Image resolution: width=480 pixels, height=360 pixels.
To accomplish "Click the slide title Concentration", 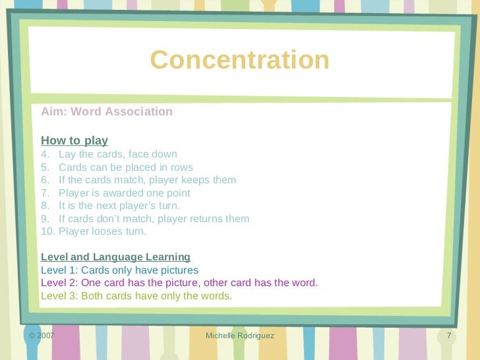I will click(239, 60).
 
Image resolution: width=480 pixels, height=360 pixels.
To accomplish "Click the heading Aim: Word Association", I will click(107, 111).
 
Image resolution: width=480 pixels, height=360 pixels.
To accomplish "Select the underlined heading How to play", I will click(75, 140).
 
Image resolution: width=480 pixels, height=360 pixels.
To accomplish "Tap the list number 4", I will click(44, 154).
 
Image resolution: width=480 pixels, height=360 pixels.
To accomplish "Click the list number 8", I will click(44, 206).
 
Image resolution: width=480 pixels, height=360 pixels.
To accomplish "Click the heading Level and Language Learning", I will click(115, 257).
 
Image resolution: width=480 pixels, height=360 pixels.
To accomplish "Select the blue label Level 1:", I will click(59, 270).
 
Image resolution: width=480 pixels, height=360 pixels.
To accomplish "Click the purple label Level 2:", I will click(59, 283).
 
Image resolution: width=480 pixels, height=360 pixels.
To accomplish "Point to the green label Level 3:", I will click(59, 295).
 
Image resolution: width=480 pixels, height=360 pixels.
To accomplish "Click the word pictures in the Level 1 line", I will click(177, 270).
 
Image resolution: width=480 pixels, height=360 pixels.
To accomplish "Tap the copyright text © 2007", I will click(41, 336).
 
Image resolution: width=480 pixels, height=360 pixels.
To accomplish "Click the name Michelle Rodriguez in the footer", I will click(240, 336).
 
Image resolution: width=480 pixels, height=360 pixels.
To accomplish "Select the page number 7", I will click(449, 336).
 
